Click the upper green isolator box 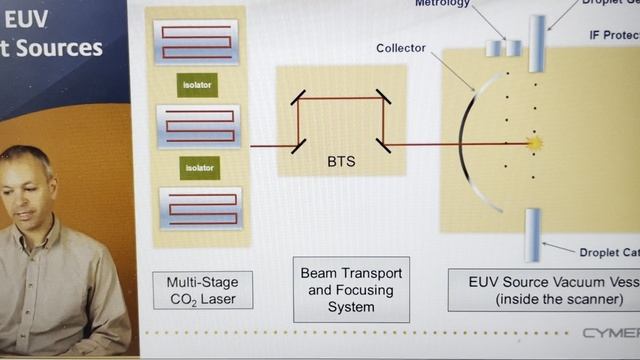(197, 85)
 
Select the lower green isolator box (197, 166)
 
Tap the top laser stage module (197, 42)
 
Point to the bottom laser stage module (200, 207)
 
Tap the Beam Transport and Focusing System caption (351, 289)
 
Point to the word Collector (401, 47)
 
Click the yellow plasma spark (534, 143)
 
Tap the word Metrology (443, 4)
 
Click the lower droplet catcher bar (533, 235)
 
